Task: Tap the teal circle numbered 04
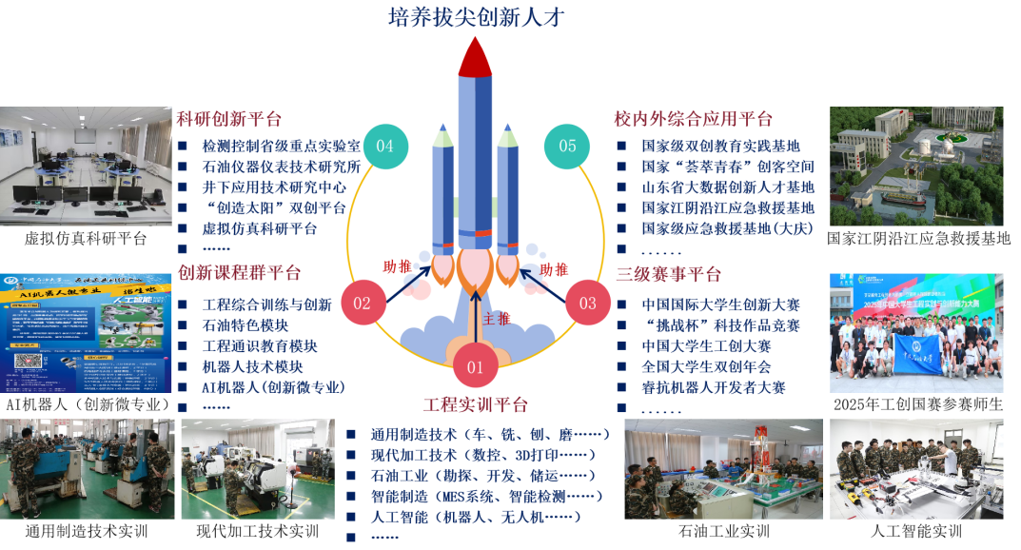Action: [384, 147]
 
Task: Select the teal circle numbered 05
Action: [568, 147]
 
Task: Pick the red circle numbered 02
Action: [363, 304]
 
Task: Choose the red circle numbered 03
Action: [588, 304]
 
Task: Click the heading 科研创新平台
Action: [229, 119]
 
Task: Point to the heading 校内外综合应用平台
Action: [693, 119]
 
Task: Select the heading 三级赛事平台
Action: [667, 274]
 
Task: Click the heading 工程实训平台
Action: [475, 404]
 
